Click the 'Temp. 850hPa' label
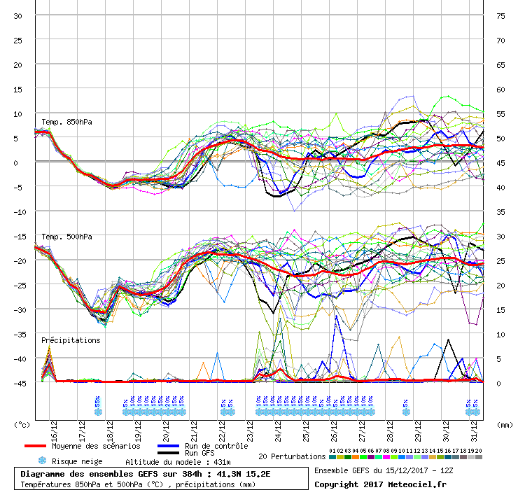[x=67, y=122]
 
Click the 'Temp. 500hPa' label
[x=67, y=237]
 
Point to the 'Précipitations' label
[x=70, y=340]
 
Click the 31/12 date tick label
[x=474, y=428]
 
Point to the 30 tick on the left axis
[x=18, y=15]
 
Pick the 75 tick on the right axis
[x=500, y=15]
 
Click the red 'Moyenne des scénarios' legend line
[x=44, y=446]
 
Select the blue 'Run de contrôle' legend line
[x=169, y=446]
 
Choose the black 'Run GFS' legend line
[x=169, y=453]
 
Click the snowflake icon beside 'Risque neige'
[x=42, y=461]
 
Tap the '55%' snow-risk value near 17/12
[x=97, y=402]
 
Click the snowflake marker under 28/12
[x=405, y=412]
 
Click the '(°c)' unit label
[x=22, y=423]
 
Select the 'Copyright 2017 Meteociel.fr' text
[x=380, y=484]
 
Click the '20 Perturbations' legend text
[x=292, y=456]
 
